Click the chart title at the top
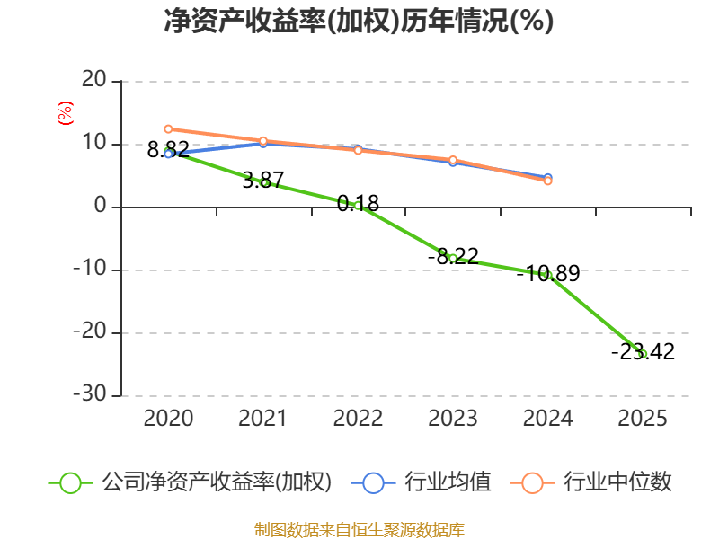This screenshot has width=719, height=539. click(x=359, y=21)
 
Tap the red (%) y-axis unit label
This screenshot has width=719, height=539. click(x=66, y=113)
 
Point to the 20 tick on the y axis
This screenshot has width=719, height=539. click(x=94, y=80)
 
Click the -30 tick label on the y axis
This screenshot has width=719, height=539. click(x=90, y=393)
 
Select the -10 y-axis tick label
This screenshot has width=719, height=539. click(x=90, y=268)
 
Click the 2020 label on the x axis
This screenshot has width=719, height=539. click(x=168, y=418)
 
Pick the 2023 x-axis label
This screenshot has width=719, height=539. click(x=453, y=418)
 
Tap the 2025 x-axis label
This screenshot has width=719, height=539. click(x=643, y=418)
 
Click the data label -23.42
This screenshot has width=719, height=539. click(x=644, y=351)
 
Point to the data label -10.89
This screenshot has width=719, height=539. click(x=548, y=274)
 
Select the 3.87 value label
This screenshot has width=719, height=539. click(x=263, y=181)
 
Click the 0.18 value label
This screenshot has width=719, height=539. click(x=358, y=204)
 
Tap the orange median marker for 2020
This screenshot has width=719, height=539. click(x=168, y=129)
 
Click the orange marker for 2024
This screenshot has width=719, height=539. click(x=547, y=181)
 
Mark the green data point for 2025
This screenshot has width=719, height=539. click(x=643, y=354)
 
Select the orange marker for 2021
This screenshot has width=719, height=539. click(x=263, y=141)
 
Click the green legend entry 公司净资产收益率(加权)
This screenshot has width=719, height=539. click(x=190, y=482)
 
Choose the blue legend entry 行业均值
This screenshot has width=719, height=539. click(x=421, y=482)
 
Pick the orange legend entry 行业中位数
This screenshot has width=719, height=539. click(x=590, y=482)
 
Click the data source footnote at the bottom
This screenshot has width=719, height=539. click(x=359, y=530)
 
